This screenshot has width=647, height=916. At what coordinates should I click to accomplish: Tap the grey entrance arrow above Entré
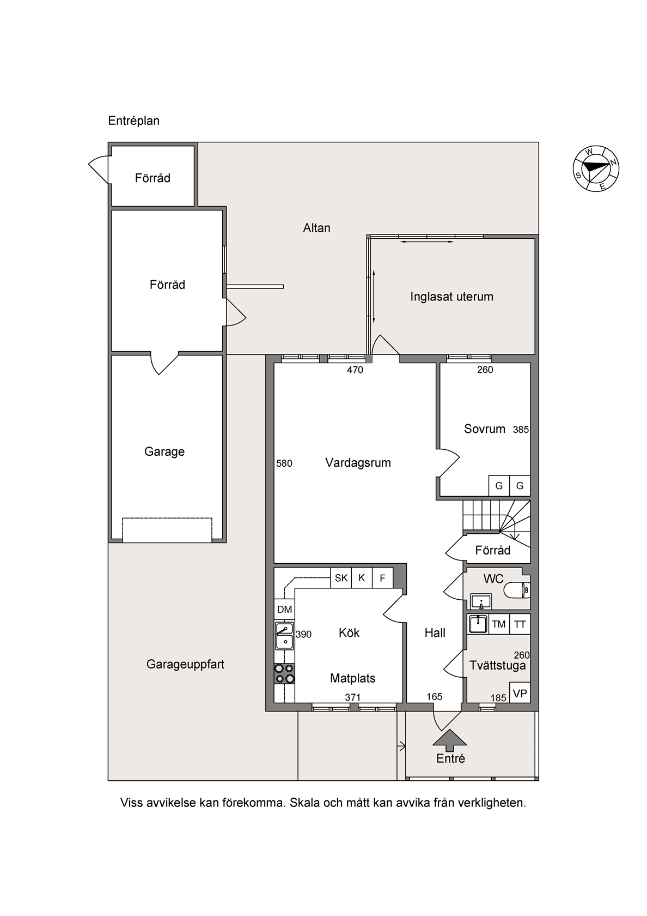[x=450, y=740]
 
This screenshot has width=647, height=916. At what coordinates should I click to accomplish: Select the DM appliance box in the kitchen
[x=284, y=610]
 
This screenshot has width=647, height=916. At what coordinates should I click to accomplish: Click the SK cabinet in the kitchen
[x=341, y=578]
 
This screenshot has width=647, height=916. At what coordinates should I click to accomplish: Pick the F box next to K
[x=383, y=578]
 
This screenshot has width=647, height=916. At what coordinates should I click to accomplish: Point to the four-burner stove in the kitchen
[x=284, y=673]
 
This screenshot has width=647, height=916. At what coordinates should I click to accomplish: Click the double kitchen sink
[x=284, y=636]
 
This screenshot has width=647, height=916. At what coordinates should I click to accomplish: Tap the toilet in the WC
[x=517, y=590]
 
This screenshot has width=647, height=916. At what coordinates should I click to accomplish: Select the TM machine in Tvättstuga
[x=499, y=624]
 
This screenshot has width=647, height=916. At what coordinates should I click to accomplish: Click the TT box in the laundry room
[x=520, y=624]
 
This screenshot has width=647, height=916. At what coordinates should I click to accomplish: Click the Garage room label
[x=164, y=451]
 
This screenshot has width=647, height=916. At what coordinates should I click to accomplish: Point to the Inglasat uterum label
[x=452, y=297]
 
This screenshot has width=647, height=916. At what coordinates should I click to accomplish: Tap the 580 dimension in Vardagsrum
[x=284, y=463]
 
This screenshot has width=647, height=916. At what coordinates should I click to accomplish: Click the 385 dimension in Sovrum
[x=521, y=430]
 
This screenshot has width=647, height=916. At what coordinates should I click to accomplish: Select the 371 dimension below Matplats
[x=352, y=697]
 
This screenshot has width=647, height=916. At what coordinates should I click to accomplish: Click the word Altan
[x=316, y=228]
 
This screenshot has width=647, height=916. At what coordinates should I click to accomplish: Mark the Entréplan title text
[x=133, y=120]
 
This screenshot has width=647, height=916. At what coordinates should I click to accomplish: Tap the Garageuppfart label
[x=185, y=665]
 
